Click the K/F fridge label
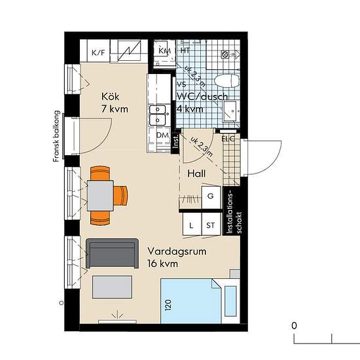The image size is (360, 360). coord(98,53)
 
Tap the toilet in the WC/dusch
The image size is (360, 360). coord(227,81)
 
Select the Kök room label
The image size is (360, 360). coord(110,97)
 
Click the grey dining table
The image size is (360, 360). coord(100,196)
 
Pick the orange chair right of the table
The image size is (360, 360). coord(121,196)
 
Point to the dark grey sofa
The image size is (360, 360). coord(113,253)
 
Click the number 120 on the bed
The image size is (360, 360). coord(168,305)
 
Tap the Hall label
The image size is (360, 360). coord(196,173)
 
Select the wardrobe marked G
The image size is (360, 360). coord(211,197)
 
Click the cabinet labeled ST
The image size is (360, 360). coord(211,225)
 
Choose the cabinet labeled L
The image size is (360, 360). coord(192,225)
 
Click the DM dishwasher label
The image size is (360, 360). coord(162,135)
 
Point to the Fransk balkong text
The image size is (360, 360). coord(56,136)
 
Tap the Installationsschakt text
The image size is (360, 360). coord(234,212)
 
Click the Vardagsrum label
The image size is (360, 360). coord(177,251)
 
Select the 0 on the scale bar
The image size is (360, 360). coord(294,325)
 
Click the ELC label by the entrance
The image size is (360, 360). coord(228,139)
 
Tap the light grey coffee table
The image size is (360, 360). coord(113,287)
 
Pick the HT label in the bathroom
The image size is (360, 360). coord(185,50)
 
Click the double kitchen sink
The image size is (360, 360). coord(158,115)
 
